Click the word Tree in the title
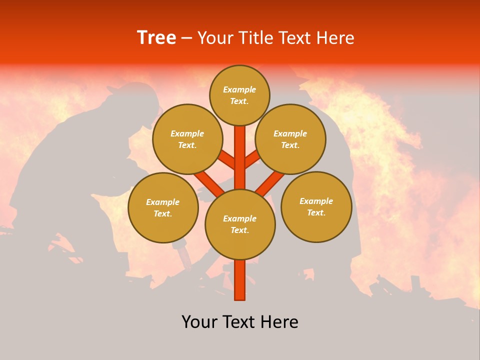[x=156, y=38]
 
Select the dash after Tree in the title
[x=186, y=38]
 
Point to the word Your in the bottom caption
[x=200, y=322]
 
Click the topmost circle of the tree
[x=239, y=95]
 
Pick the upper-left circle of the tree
[x=187, y=139]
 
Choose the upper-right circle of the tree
[x=290, y=139]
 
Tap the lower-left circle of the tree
[x=163, y=207]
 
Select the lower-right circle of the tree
[x=316, y=206]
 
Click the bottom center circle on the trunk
[x=240, y=224]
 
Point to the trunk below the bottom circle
[x=240, y=280]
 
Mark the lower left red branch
[x=207, y=182]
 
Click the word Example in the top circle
[x=239, y=89]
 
